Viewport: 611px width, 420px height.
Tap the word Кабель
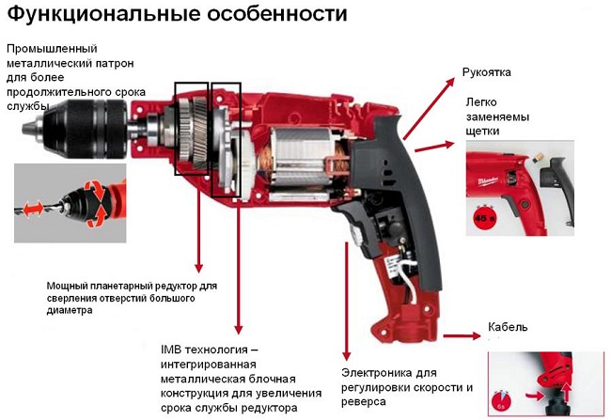tap(507, 327)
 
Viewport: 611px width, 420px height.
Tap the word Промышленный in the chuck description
tap(53, 48)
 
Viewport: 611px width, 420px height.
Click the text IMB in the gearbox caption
tap(175, 349)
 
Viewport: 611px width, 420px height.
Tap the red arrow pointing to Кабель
tap(459, 334)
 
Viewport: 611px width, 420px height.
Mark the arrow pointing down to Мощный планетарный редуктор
tap(197, 226)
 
